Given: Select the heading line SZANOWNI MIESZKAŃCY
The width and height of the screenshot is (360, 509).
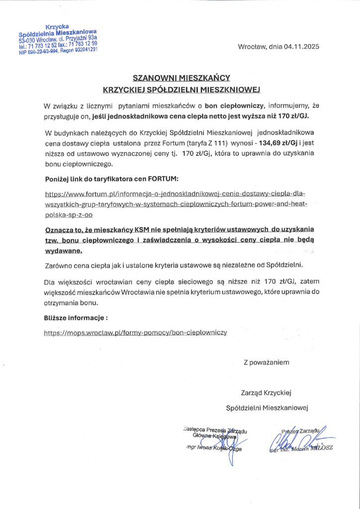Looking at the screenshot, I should click(181, 78).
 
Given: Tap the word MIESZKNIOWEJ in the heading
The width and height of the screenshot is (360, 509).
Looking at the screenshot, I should click(231, 89).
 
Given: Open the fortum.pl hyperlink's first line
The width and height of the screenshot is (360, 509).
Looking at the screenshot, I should click(177, 193).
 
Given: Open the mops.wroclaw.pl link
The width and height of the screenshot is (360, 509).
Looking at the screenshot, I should click(136, 332).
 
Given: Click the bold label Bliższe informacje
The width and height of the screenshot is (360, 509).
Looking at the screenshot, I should click(75, 317).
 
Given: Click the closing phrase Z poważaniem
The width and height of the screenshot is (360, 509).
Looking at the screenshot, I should click(266, 362).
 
